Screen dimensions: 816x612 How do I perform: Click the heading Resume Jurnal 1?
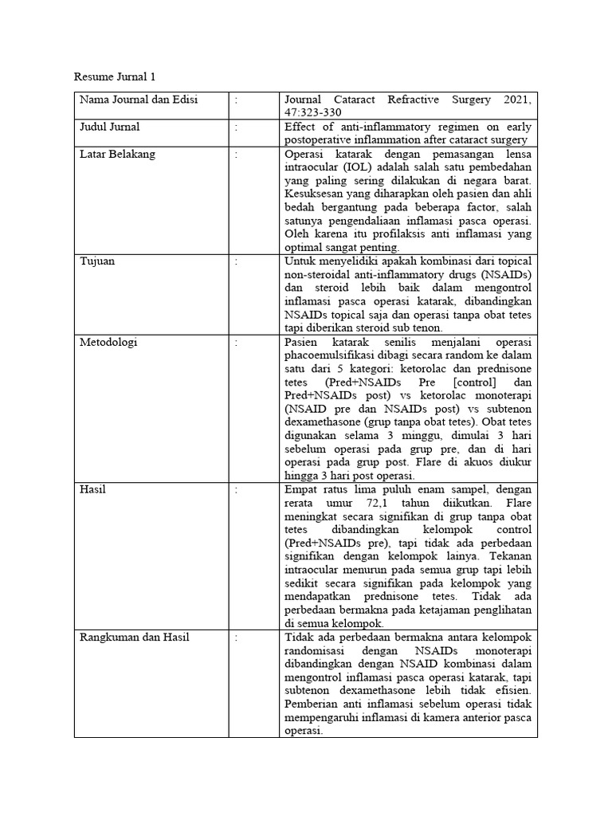pyautogui.click(x=115, y=77)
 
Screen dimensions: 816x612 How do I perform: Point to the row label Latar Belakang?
pyautogui.click(x=116, y=154)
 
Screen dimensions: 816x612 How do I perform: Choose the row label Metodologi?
pyautogui.click(x=108, y=342)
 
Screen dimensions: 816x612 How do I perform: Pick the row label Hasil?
pyautogui.click(x=92, y=488)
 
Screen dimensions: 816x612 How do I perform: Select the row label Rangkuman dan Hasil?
pyautogui.click(x=134, y=637)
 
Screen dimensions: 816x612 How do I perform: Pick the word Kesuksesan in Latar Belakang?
pyautogui.click(x=317, y=194)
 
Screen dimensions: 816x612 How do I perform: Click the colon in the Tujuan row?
pyautogui.click(x=237, y=261)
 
